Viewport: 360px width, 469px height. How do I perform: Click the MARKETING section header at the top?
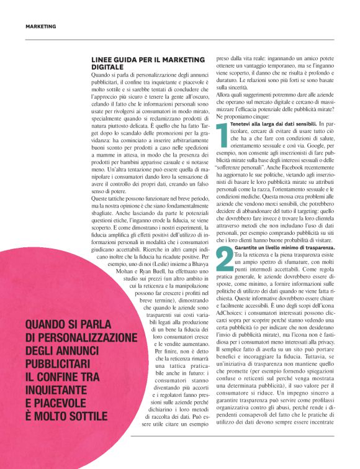(x=41, y=27)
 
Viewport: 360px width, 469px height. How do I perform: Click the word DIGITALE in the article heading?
(x=107, y=66)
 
